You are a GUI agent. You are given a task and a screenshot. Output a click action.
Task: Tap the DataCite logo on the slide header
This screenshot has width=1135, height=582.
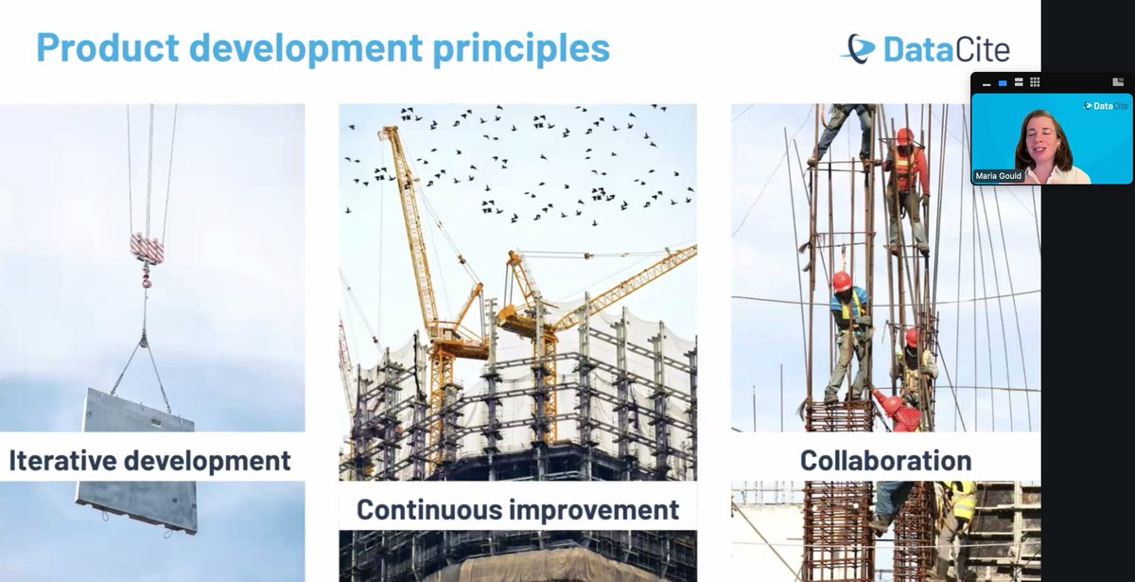click(x=924, y=48)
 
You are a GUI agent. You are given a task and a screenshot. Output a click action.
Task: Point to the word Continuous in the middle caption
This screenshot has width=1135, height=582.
click(x=429, y=509)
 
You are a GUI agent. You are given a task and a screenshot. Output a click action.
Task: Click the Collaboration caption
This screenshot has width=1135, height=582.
click(x=885, y=461)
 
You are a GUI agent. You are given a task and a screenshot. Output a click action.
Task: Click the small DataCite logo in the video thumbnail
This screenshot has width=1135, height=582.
click(x=1106, y=106)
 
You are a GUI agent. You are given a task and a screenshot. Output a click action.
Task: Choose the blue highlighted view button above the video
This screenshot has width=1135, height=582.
click(x=1003, y=82)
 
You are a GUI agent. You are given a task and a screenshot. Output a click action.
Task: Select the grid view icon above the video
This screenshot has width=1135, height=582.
click(x=1035, y=82)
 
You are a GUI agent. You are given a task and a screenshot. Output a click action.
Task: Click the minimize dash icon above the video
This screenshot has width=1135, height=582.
click(x=987, y=83)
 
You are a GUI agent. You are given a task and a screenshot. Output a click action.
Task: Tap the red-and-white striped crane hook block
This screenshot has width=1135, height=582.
click(x=147, y=248)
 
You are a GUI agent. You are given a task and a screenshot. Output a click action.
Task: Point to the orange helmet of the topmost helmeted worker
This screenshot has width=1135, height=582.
click(x=904, y=136)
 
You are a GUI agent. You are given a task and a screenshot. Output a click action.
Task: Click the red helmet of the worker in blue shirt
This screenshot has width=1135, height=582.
click(x=841, y=280)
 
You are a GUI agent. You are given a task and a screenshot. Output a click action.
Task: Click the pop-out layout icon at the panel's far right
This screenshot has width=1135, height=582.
click(x=1118, y=82)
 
